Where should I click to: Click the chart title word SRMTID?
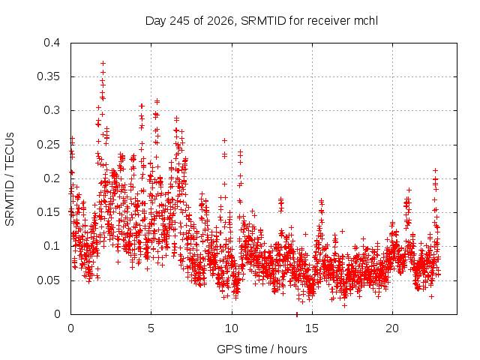(x=263, y=21)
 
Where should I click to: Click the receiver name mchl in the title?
(x=366, y=21)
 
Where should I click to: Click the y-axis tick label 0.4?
(x=52, y=43)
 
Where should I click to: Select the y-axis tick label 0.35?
(x=48, y=76)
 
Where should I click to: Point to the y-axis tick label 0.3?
(x=52, y=110)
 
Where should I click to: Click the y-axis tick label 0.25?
(x=48, y=145)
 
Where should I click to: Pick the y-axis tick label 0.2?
(x=52, y=178)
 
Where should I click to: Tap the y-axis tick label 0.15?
(x=48, y=212)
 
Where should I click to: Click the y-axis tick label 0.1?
(x=52, y=246)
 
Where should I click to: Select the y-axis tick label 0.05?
(x=48, y=280)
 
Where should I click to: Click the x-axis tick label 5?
(x=151, y=328)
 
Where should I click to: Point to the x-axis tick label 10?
(x=232, y=328)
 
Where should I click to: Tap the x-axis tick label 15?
(x=312, y=328)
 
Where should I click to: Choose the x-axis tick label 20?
(x=392, y=328)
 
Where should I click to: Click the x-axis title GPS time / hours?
(x=262, y=349)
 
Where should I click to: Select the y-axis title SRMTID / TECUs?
(x=10, y=179)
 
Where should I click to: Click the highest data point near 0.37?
(x=103, y=63)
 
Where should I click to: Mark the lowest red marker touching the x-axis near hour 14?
(x=297, y=314)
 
